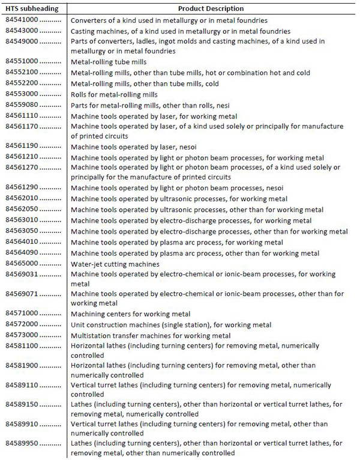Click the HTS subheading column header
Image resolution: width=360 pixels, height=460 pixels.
coord(32,9)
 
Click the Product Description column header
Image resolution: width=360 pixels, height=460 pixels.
coord(211,9)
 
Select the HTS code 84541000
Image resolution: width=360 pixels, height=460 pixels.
coord(22,20)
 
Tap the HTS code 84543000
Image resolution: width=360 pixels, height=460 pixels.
coord(22,30)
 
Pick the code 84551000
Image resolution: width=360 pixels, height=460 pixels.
coord(22,61)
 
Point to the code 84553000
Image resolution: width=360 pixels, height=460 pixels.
coord(22,94)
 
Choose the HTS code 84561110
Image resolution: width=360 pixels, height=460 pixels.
coord(22,115)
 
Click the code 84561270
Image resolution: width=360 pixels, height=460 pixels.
coord(22,168)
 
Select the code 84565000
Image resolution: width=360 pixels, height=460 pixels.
coord(22,263)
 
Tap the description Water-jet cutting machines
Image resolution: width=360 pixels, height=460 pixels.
coord(115,264)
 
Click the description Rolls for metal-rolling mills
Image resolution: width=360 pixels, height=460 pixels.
coord(114,94)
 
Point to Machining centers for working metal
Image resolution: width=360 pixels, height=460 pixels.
coord(130,314)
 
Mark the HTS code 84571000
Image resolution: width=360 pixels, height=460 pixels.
coord(22,313)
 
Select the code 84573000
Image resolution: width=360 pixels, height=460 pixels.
coord(22,335)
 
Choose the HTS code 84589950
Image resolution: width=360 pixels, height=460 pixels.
coord(22,443)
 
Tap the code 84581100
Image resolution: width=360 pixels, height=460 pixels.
coord(22,346)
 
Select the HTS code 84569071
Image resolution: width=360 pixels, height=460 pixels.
coord(22,294)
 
